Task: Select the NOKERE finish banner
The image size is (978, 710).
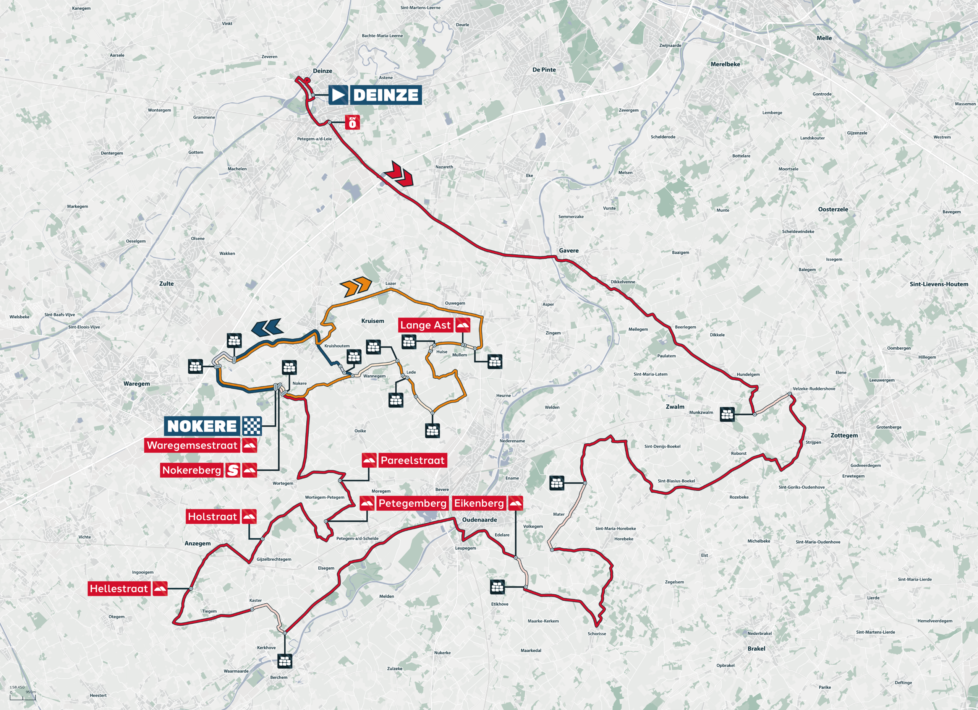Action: tap(202, 426)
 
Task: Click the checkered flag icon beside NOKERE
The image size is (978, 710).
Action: tap(252, 426)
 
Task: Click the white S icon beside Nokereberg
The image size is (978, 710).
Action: tap(232, 470)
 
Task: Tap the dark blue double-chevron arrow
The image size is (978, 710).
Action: tap(267, 328)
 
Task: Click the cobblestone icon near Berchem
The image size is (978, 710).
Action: tap(285, 661)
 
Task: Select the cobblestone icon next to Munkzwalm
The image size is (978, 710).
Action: tap(727, 415)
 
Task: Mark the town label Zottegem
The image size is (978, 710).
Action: tap(844, 435)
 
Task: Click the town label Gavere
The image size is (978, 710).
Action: tap(568, 251)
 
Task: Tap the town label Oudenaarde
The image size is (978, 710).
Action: tap(479, 520)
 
